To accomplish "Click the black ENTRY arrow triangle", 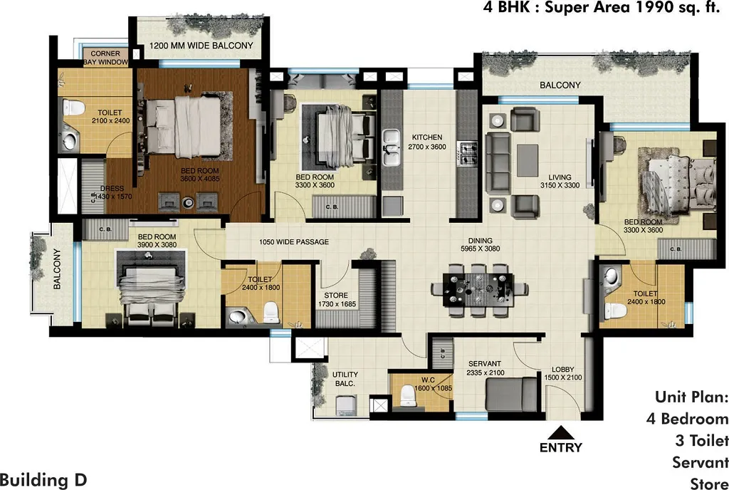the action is point(561,433).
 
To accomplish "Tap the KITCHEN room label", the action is point(427,137).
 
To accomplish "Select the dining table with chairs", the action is point(478,291).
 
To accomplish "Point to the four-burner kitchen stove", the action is point(467,153).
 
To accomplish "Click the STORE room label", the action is point(336,295).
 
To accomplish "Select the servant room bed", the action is point(512,394).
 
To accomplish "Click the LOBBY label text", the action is point(563,370).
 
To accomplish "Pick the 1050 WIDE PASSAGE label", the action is point(294,241).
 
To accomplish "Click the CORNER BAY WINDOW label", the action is point(105,58).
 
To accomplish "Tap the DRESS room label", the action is point(112,188).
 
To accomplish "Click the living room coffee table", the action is point(528,160).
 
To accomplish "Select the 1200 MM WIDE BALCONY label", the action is point(201,46).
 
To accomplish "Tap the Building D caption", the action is point(43,480).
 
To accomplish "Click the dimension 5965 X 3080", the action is point(481,249).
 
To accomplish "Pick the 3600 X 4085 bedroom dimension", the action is point(200,179).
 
